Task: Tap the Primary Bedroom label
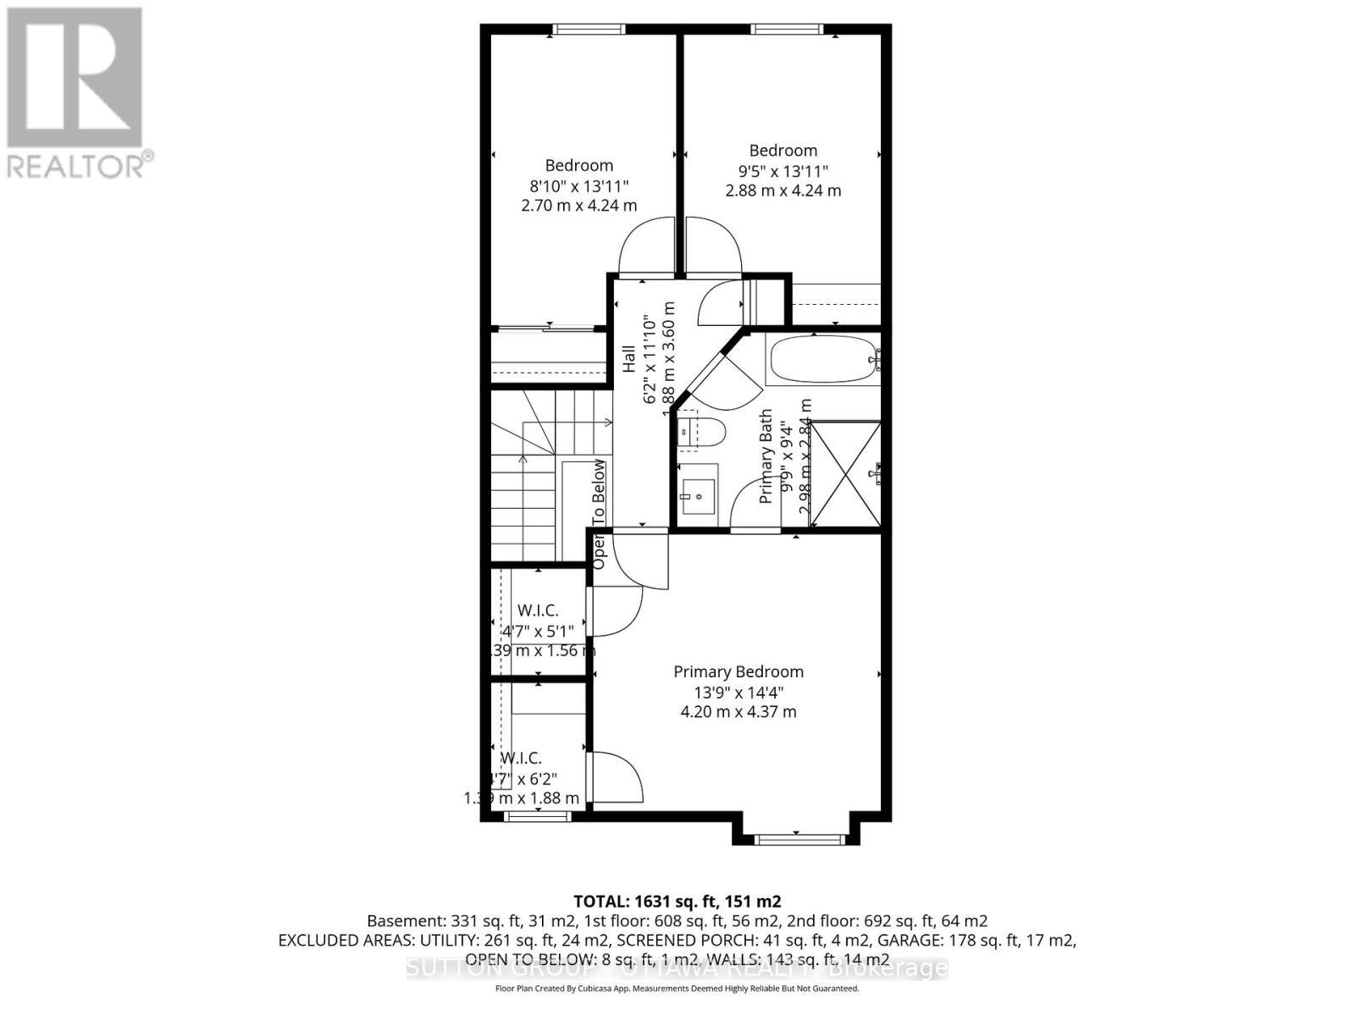tap(738, 671)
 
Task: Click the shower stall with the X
tap(844, 474)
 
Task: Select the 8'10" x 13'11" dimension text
tap(578, 185)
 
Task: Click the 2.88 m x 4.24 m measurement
tap(783, 190)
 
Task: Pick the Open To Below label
tap(599, 513)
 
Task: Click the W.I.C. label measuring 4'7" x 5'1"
tap(538, 610)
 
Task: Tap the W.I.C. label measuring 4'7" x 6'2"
tap(521, 758)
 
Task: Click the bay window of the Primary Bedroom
tap(799, 839)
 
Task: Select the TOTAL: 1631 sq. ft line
tap(677, 901)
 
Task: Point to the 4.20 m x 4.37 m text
tap(738, 712)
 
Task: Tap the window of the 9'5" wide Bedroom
tap(787, 30)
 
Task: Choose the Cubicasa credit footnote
tap(677, 989)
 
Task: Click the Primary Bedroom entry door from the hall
tap(639, 559)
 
